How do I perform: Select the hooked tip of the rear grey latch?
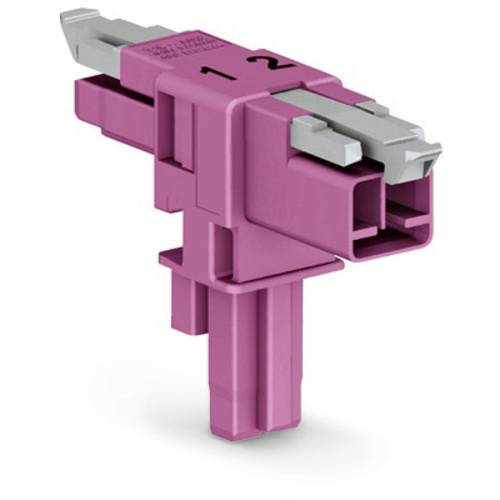point(76,21)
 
